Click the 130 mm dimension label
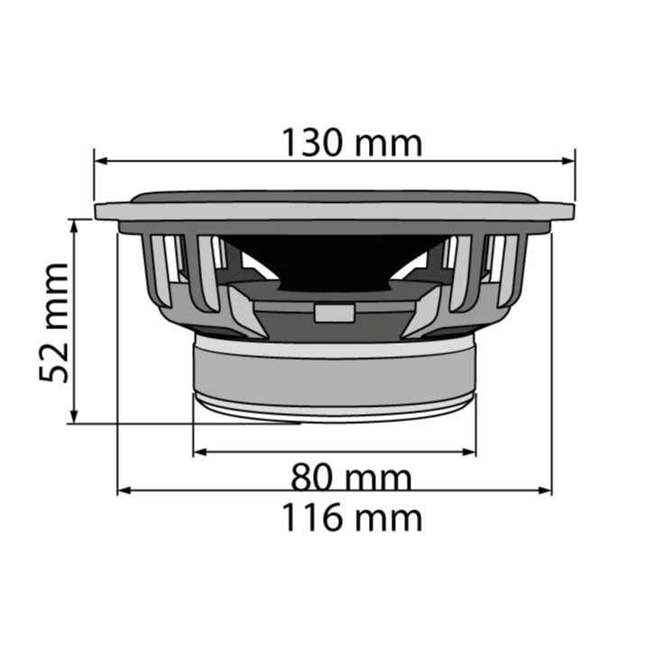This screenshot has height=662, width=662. [x=351, y=143]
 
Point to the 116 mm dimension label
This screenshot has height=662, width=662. [x=351, y=518]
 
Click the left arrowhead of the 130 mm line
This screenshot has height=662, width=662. [x=99, y=162]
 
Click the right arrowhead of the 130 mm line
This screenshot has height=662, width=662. [x=570, y=162]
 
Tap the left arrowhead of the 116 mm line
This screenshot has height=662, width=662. [x=124, y=491]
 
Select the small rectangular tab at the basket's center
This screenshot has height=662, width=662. [x=333, y=313]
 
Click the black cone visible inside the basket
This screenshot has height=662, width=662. [x=334, y=257]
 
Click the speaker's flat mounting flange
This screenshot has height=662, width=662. [x=334, y=212]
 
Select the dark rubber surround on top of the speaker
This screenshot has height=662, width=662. [x=334, y=195]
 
